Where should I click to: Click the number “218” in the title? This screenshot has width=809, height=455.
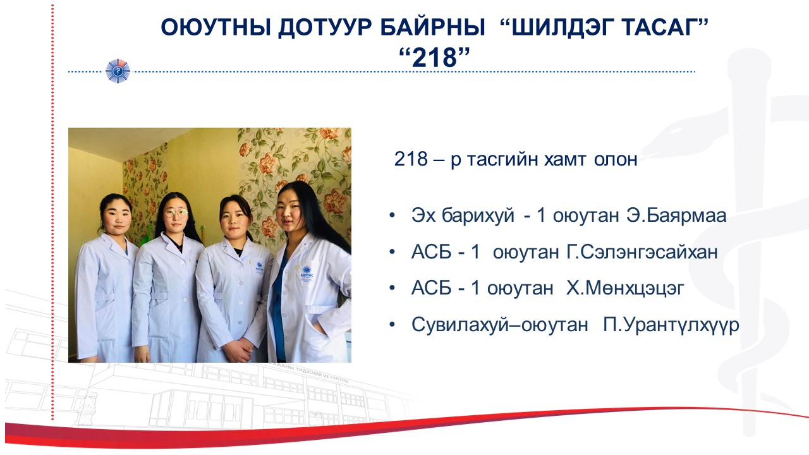tap(434, 58)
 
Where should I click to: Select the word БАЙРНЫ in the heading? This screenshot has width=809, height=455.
tap(433, 27)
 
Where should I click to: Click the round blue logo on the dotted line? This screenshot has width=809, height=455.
tap(118, 71)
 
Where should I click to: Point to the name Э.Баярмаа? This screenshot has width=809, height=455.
tap(676, 215)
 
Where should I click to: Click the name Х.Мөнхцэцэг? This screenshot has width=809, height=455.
tap(625, 288)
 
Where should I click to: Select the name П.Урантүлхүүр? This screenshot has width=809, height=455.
tap(671, 325)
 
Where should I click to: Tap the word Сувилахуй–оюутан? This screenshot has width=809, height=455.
tap(499, 325)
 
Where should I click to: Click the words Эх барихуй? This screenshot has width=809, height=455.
tap(463, 215)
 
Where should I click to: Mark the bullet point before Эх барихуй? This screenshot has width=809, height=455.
tap(392, 216)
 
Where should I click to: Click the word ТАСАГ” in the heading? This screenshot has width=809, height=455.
tap(664, 27)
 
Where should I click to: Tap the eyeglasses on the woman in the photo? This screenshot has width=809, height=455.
tap(176, 213)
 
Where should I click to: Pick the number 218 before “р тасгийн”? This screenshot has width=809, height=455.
tap(411, 159)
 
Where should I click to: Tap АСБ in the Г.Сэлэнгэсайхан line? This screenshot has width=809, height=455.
tap(431, 252)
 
